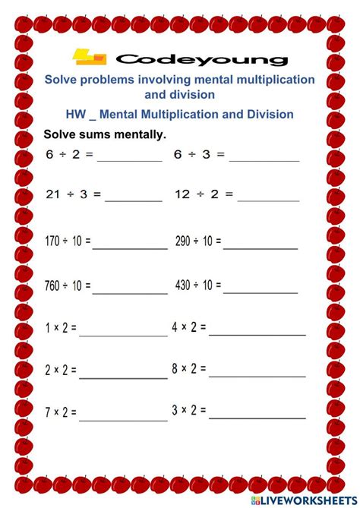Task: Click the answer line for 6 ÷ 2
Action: pos(129,159)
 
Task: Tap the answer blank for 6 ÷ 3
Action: pos(264,159)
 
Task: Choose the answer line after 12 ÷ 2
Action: pos(268,200)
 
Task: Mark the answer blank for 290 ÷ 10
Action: pos(260,247)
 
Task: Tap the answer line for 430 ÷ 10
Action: pos(260,292)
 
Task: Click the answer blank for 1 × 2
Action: pos(123,334)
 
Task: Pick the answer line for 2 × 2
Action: pos(123,377)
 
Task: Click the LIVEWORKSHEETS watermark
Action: pos(304,500)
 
